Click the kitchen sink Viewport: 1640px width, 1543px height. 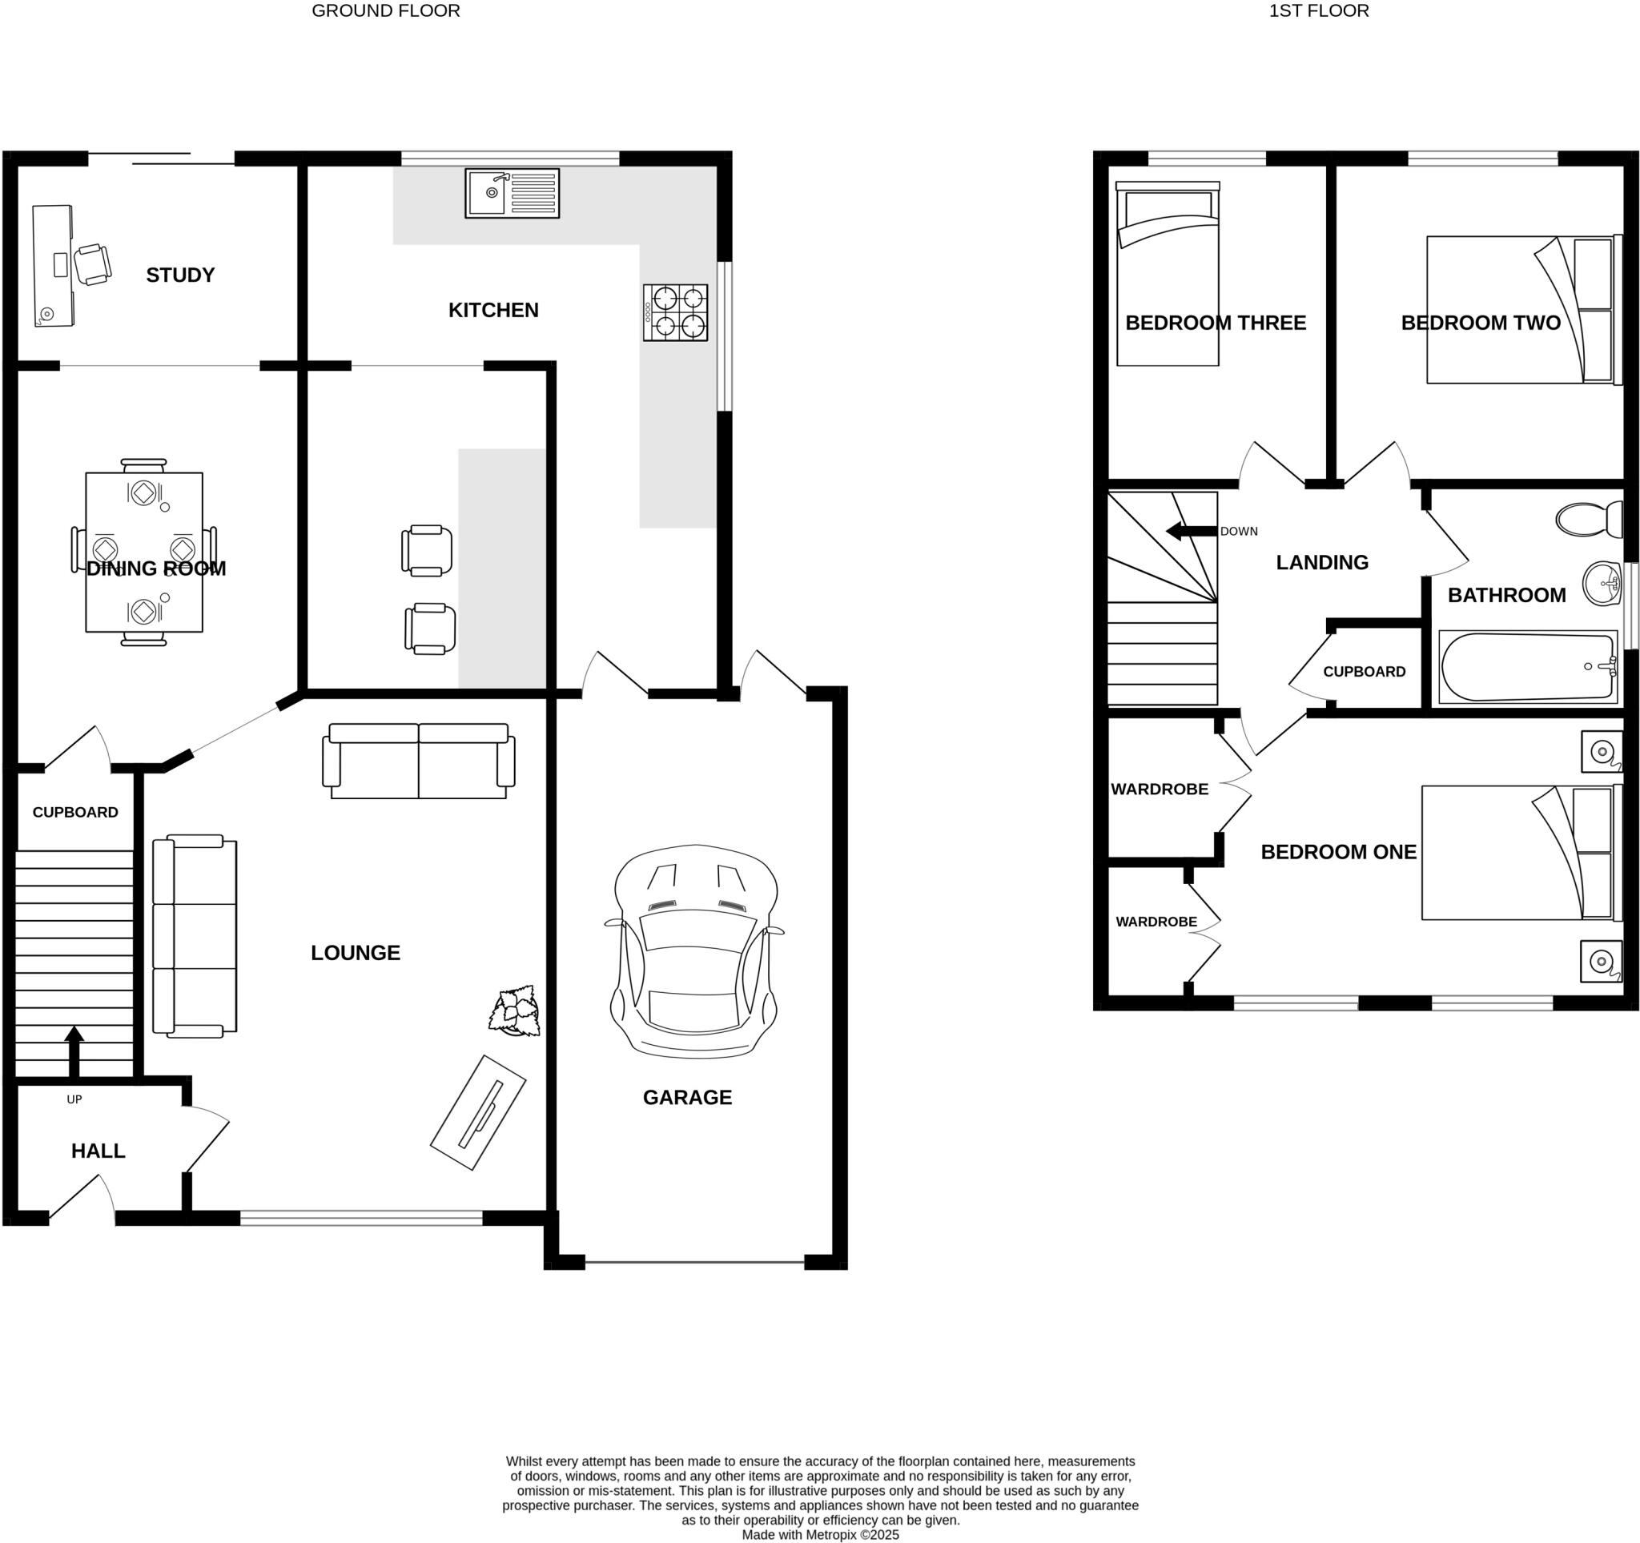point(512,193)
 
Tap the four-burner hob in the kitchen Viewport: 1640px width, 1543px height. point(675,312)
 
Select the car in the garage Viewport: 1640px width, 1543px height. point(694,952)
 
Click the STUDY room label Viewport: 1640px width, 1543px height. point(180,275)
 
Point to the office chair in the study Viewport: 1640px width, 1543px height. point(91,265)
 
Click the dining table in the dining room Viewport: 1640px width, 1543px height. point(143,552)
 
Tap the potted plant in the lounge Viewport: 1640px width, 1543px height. point(515,1010)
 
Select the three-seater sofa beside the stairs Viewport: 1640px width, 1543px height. point(195,935)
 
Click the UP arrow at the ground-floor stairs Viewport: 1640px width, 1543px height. point(74,1051)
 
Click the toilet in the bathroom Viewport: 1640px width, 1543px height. point(1588,520)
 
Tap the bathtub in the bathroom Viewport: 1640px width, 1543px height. point(1527,667)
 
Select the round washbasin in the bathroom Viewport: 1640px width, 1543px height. point(1602,584)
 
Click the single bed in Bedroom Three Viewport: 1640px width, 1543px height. point(1167,275)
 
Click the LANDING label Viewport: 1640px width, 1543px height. point(1321,561)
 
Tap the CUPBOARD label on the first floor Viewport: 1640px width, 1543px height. point(1364,671)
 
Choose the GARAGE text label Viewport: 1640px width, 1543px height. point(686,1097)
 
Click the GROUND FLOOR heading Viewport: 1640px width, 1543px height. point(385,10)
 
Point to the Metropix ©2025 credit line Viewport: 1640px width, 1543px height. point(819,1535)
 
